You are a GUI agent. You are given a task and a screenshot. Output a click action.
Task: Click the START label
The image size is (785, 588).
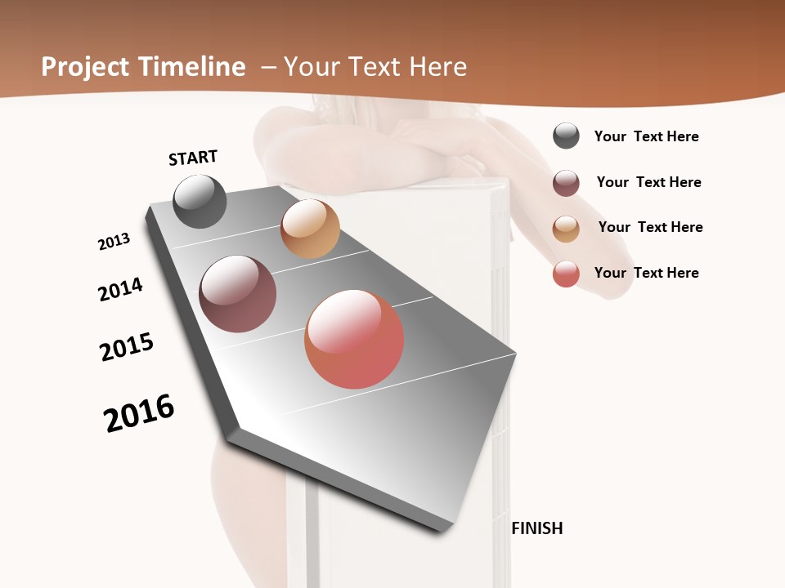pyautogui.click(x=193, y=158)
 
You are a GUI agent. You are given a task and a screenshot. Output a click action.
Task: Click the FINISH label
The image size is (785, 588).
pyautogui.click(x=537, y=528)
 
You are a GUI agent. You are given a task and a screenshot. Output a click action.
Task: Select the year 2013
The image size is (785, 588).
pyautogui.click(x=114, y=242)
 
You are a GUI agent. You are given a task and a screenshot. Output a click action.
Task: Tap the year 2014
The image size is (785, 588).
pyautogui.click(x=121, y=289)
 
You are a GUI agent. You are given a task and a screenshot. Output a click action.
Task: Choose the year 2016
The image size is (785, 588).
pyautogui.click(x=139, y=413)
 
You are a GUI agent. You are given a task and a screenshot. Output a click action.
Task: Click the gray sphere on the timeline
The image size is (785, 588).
pyautogui.click(x=200, y=201)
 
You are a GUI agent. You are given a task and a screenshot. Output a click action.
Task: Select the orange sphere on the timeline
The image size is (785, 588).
pyautogui.click(x=310, y=229)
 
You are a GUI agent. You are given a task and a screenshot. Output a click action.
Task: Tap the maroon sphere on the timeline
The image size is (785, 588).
pyautogui.click(x=238, y=294)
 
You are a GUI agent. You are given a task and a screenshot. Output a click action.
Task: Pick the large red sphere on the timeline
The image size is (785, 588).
pyautogui.click(x=354, y=339)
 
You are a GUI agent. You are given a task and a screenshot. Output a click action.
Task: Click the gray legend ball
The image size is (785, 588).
pyautogui.click(x=566, y=136)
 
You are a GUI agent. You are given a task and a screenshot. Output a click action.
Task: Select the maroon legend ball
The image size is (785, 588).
pyautogui.click(x=566, y=183)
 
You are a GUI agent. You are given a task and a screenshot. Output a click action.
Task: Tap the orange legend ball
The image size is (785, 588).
pyautogui.click(x=566, y=229)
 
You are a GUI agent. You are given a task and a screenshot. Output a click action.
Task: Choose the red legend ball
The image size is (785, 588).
pyautogui.click(x=566, y=274)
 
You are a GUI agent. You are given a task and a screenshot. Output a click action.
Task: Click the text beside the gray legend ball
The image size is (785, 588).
pyautogui.click(x=646, y=137)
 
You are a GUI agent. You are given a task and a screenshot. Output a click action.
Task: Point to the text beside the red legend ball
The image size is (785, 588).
pyautogui.click(x=646, y=273)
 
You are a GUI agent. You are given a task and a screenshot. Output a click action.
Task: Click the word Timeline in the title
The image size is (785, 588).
pyautogui.click(x=192, y=67)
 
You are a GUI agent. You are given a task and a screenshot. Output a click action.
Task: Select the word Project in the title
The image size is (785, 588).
pyautogui.click(x=86, y=67)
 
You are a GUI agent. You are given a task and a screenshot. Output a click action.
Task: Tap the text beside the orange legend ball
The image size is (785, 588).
pyautogui.click(x=650, y=227)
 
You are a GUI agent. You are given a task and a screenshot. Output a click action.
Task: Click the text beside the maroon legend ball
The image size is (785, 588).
pyautogui.click(x=648, y=182)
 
